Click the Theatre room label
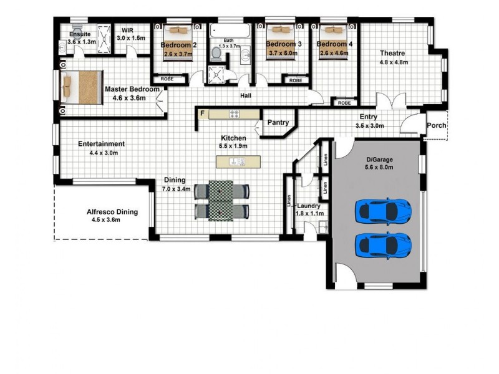[394, 53]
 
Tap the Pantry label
[278, 123]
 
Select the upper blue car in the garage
[383, 211]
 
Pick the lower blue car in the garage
[383, 244]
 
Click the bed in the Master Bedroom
[84, 85]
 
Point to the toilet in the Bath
[216, 53]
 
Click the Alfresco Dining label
[112, 212]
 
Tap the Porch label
[437, 125]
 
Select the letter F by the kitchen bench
[203, 113]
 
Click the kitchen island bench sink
[239, 162]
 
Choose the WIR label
[127, 30]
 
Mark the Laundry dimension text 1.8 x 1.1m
[308, 214]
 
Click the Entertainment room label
[102, 144]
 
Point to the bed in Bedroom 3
[278, 30]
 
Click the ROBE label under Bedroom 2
[167, 79]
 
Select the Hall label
[246, 96]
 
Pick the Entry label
[368, 117]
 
